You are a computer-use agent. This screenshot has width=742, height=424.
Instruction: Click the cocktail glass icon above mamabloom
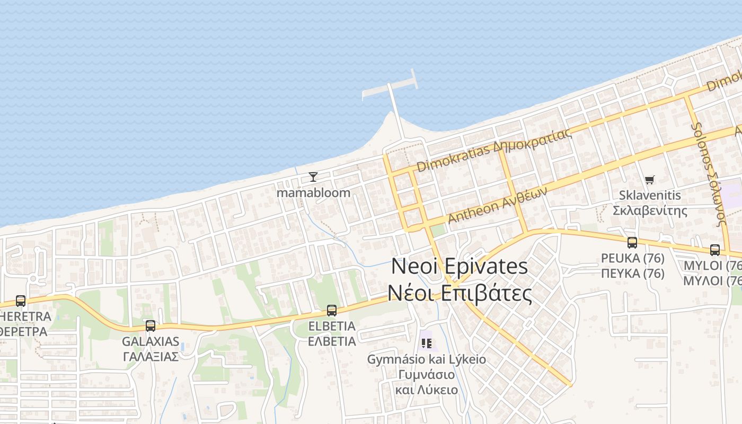[x=313, y=177]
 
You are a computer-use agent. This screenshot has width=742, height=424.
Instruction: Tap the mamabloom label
[x=313, y=192]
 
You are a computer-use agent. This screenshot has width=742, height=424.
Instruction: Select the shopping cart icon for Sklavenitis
[x=650, y=180]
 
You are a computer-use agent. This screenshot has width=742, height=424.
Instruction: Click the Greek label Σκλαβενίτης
[x=650, y=210]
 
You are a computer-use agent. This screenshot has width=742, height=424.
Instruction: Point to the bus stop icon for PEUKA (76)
[x=632, y=243]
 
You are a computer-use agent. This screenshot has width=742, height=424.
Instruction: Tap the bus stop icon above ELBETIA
[x=332, y=311]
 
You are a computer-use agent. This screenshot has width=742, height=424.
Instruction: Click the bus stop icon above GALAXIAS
[x=151, y=326]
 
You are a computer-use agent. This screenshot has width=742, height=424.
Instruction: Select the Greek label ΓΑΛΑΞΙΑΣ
[x=151, y=356]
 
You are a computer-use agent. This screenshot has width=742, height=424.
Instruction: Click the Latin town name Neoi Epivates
[x=460, y=266]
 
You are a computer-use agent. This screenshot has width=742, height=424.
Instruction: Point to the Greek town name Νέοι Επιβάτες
[x=460, y=293]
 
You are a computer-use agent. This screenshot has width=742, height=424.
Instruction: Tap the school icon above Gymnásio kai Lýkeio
[x=427, y=343]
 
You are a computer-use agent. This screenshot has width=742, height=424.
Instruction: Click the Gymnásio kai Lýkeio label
[x=427, y=359]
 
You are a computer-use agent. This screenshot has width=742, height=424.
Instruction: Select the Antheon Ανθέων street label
[x=497, y=207]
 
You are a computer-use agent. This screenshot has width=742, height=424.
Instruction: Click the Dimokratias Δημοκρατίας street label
[x=494, y=149]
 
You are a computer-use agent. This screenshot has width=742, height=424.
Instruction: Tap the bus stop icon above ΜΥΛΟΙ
[x=715, y=250]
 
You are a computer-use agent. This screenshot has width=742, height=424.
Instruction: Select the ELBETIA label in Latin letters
[x=332, y=325]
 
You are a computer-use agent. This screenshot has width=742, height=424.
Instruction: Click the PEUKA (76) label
[x=632, y=258]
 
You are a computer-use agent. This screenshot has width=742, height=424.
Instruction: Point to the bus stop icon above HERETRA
[x=21, y=301]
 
